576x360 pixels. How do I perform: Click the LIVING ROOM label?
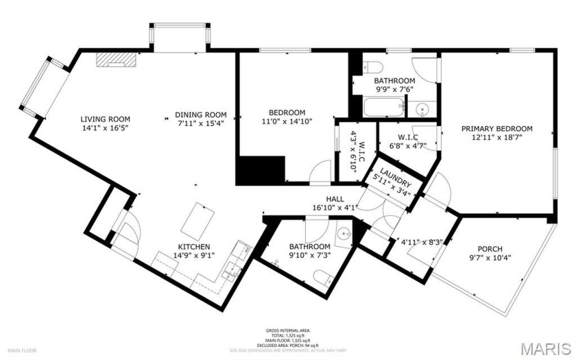[x=105, y=119]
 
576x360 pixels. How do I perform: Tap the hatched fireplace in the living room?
[x=116, y=60]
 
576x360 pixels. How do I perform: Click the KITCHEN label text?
[x=194, y=247]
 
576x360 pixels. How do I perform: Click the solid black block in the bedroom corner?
[x=260, y=169]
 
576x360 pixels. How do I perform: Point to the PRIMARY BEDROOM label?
[x=496, y=128]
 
